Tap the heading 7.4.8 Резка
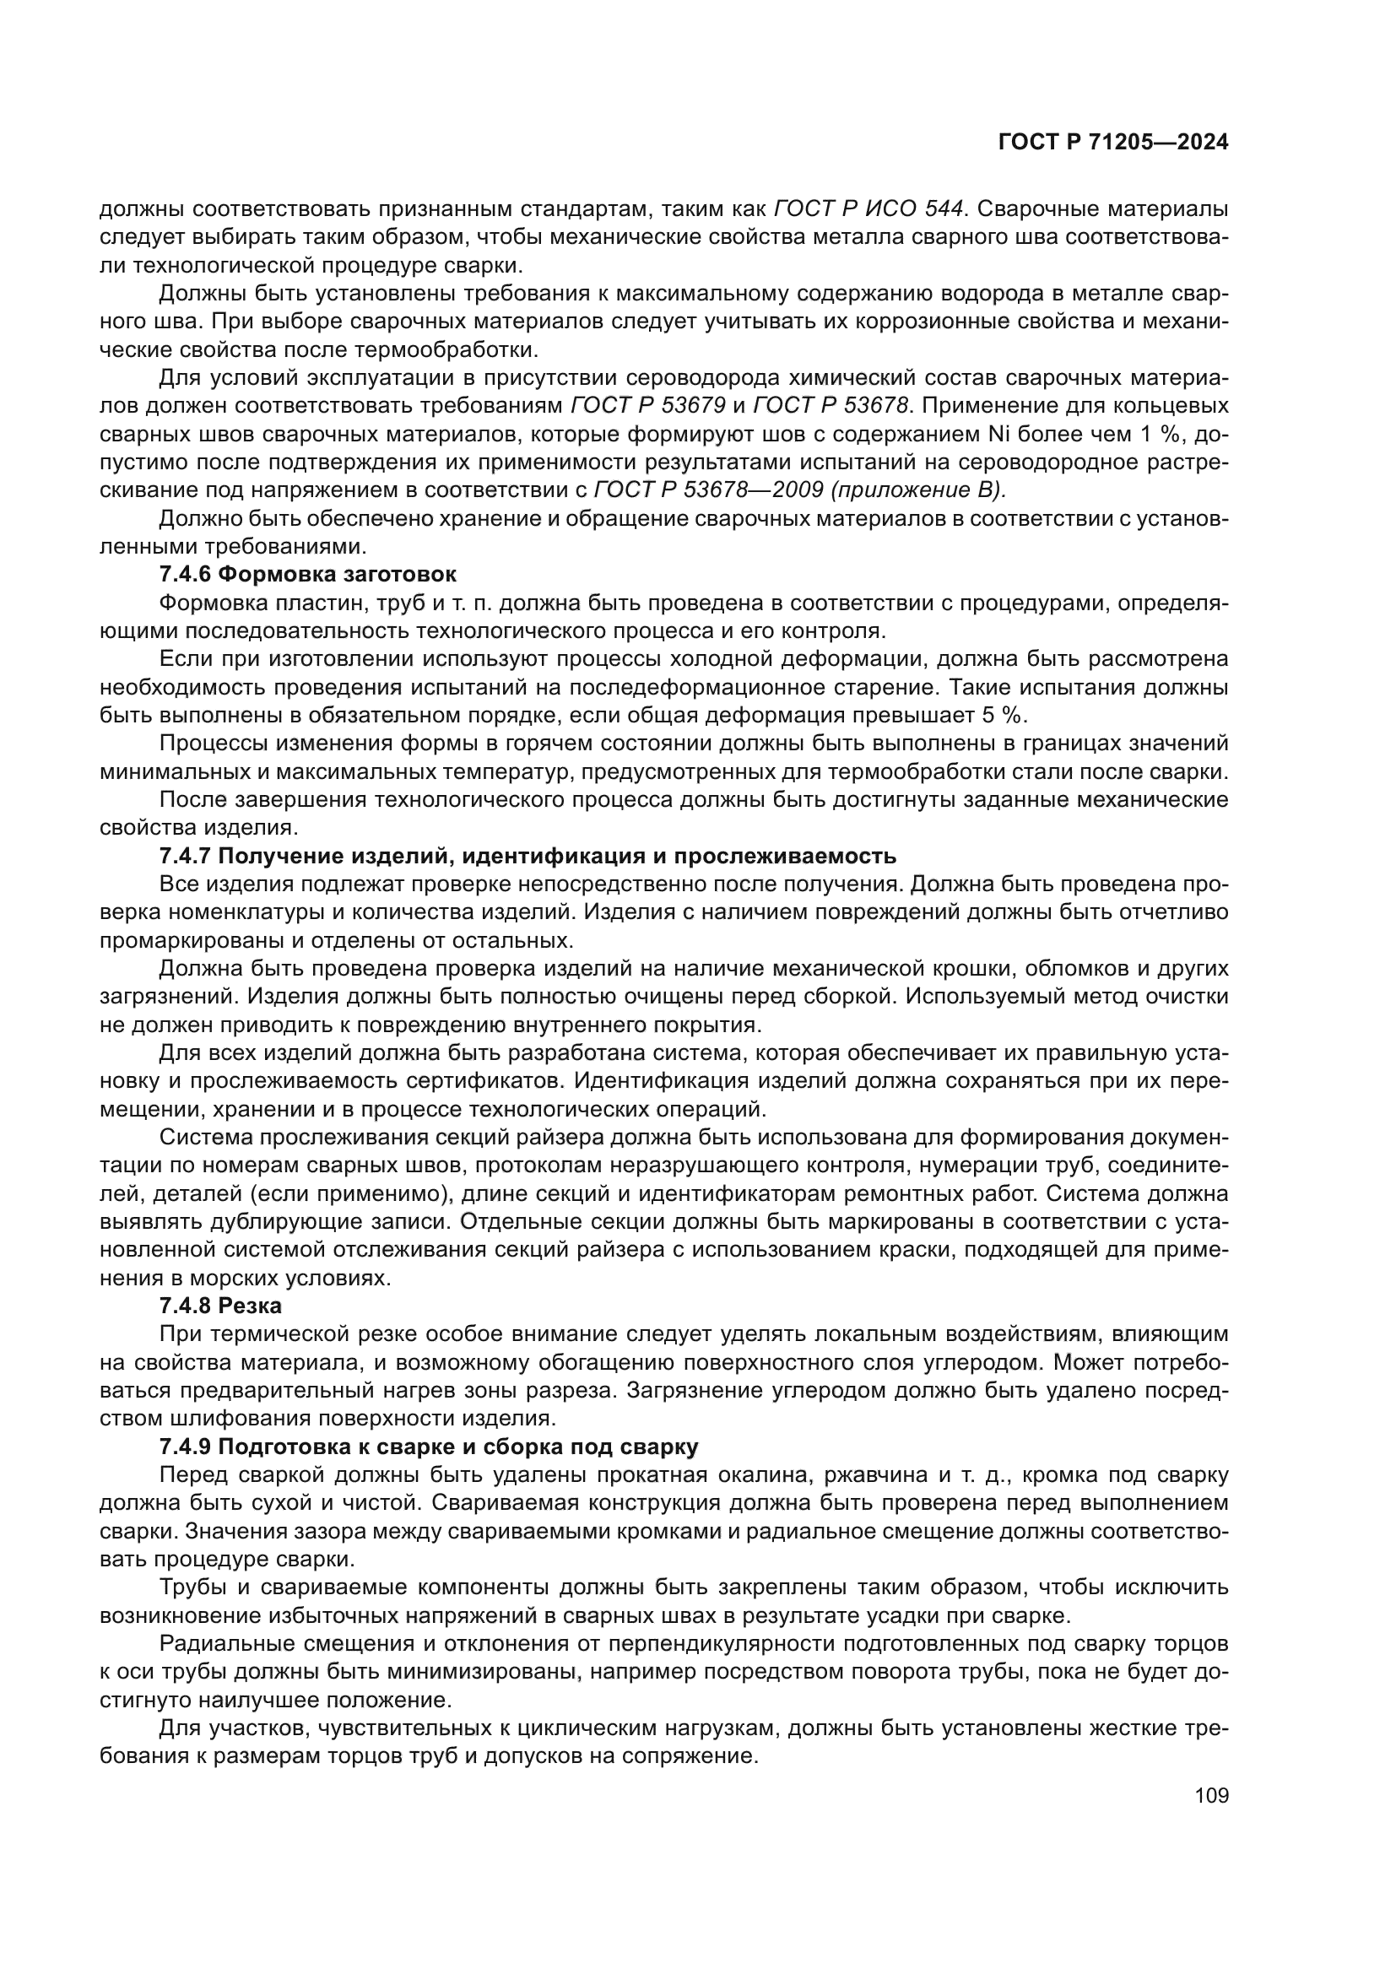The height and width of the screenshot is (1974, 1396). [x=220, y=1306]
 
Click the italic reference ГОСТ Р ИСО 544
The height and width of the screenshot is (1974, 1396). [x=868, y=209]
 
